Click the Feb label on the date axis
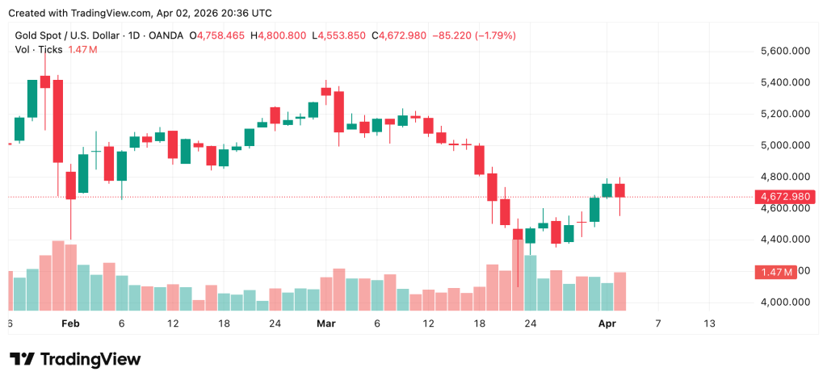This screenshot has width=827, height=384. click(x=70, y=323)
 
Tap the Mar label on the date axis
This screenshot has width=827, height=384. click(x=325, y=323)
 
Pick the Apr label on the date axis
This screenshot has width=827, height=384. click(x=607, y=323)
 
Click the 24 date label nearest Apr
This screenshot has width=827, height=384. click(x=530, y=323)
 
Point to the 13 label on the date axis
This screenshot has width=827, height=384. click(x=709, y=323)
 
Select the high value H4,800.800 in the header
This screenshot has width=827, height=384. click(x=278, y=36)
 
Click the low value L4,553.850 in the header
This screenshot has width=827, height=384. click(x=341, y=36)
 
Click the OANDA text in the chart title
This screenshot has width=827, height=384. click(x=164, y=36)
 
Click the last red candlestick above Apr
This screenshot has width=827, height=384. click(x=619, y=190)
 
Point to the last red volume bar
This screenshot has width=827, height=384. click(x=619, y=291)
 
